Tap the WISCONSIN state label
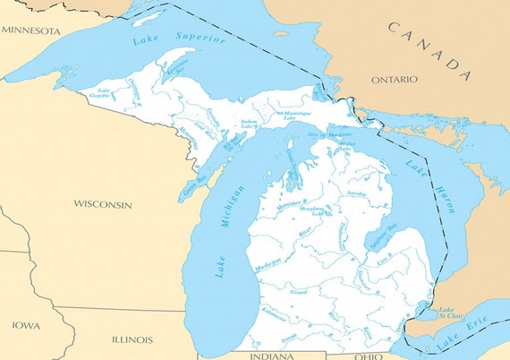(103, 204)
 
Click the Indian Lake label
(248, 125)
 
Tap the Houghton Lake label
(324, 210)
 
